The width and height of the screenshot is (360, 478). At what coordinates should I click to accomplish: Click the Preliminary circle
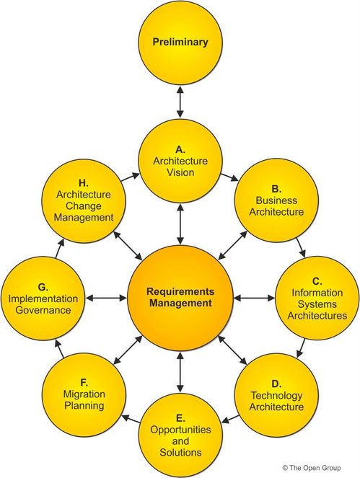tap(180, 41)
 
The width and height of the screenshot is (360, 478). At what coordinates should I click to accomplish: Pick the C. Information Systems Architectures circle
tap(315, 297)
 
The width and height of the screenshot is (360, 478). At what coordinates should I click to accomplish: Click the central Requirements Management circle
tap(180, 297)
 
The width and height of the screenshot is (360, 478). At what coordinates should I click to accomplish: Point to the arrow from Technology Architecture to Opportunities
tap(228, 419)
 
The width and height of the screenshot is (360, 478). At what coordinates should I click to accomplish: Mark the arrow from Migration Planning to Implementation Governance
tap(61, 347)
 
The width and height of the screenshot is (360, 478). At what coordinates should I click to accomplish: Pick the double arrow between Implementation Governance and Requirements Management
tap(105, 297)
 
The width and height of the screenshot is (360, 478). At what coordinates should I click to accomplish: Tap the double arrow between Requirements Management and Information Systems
tap(255, 297)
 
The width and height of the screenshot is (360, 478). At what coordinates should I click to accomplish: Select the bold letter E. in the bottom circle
tap(180, 417)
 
